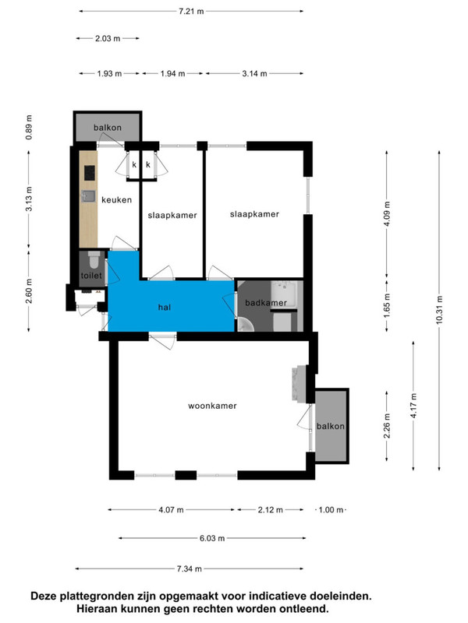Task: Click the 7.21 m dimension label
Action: coord(191,11)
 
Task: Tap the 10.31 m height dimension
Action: coord(439,309)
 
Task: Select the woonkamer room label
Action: coord(212,406)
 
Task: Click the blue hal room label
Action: coord(165,307)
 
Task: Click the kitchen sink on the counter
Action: coord(88,196)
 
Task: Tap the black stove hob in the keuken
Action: coord(90,173)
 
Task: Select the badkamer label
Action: coord(266,303)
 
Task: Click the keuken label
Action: coord(116,200)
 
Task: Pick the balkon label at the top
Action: coord(108,128)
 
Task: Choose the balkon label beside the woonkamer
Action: coord(330,426)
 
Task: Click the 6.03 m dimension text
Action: coord(212,538)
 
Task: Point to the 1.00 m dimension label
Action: coord(331,510)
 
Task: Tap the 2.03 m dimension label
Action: coord(108,38)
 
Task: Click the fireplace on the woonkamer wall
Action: coord(300,383)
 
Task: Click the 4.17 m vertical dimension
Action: coord(413,405)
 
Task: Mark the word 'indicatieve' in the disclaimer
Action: coord(274,596)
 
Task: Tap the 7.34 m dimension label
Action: coord(190,568)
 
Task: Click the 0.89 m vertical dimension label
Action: coord(29,127)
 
